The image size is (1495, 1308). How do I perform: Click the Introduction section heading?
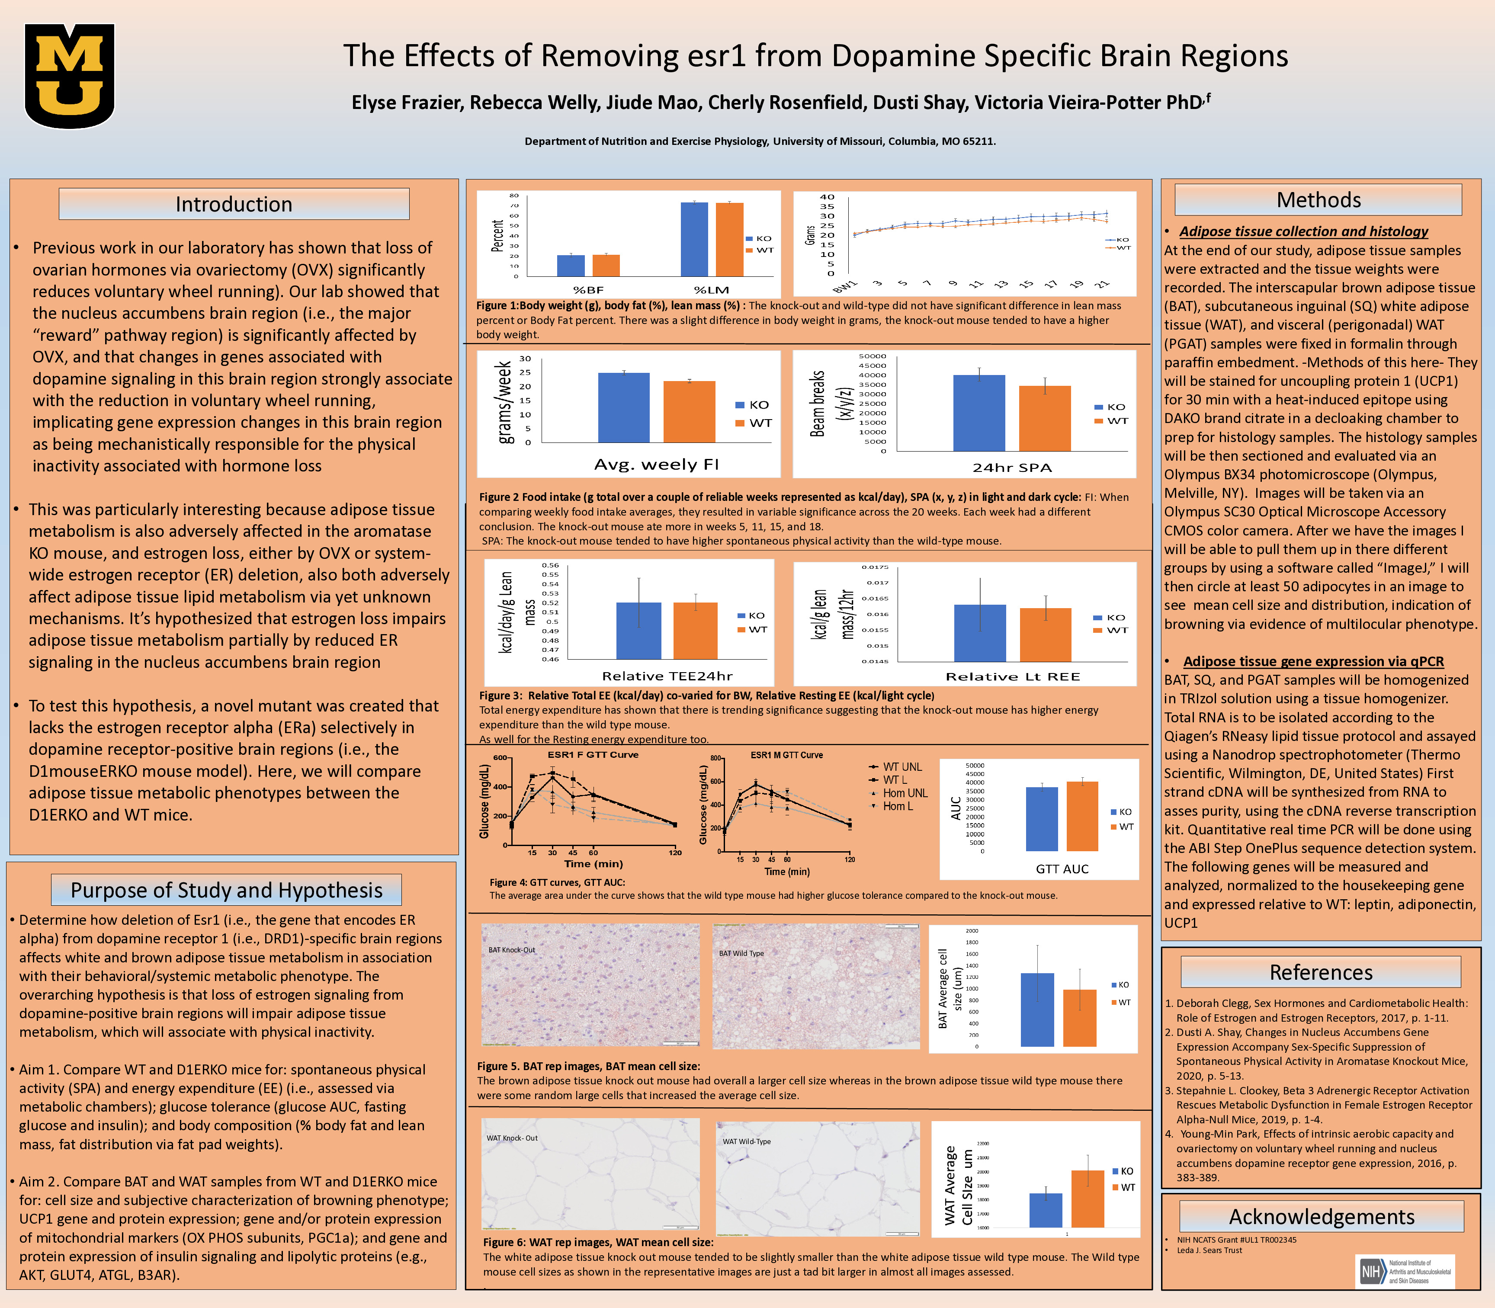click(x=234, y=204)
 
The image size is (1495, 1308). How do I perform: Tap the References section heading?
click(x=1321, y=972)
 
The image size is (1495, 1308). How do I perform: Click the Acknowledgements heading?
click(x=1321, y=1217)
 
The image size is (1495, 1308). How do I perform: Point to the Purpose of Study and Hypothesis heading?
click(x=226, y=891)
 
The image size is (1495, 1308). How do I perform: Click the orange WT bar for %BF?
click(x=606, y=265)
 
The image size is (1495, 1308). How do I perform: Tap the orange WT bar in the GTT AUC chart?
click(x=1082, y=816)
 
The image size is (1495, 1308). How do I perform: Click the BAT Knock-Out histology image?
click(x=590, y=985)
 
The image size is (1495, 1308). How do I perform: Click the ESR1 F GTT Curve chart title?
click(x=593, y=755)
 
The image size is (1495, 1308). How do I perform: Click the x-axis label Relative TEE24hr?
click(x=667, y=676)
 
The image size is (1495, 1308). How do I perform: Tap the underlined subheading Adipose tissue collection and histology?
click(x=1303, y=231)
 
